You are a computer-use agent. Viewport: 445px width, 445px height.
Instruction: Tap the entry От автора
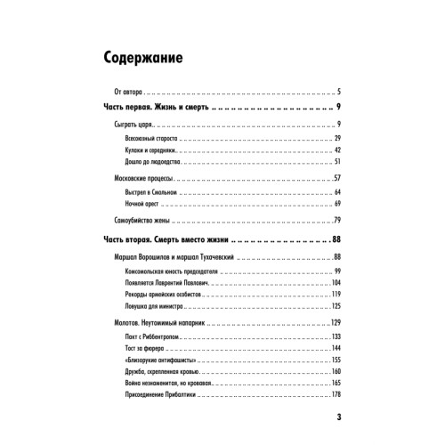coord(124,92)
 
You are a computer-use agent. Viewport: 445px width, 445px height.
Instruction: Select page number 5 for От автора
coord(340,92)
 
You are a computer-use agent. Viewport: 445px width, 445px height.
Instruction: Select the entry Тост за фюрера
coord(147,348)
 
